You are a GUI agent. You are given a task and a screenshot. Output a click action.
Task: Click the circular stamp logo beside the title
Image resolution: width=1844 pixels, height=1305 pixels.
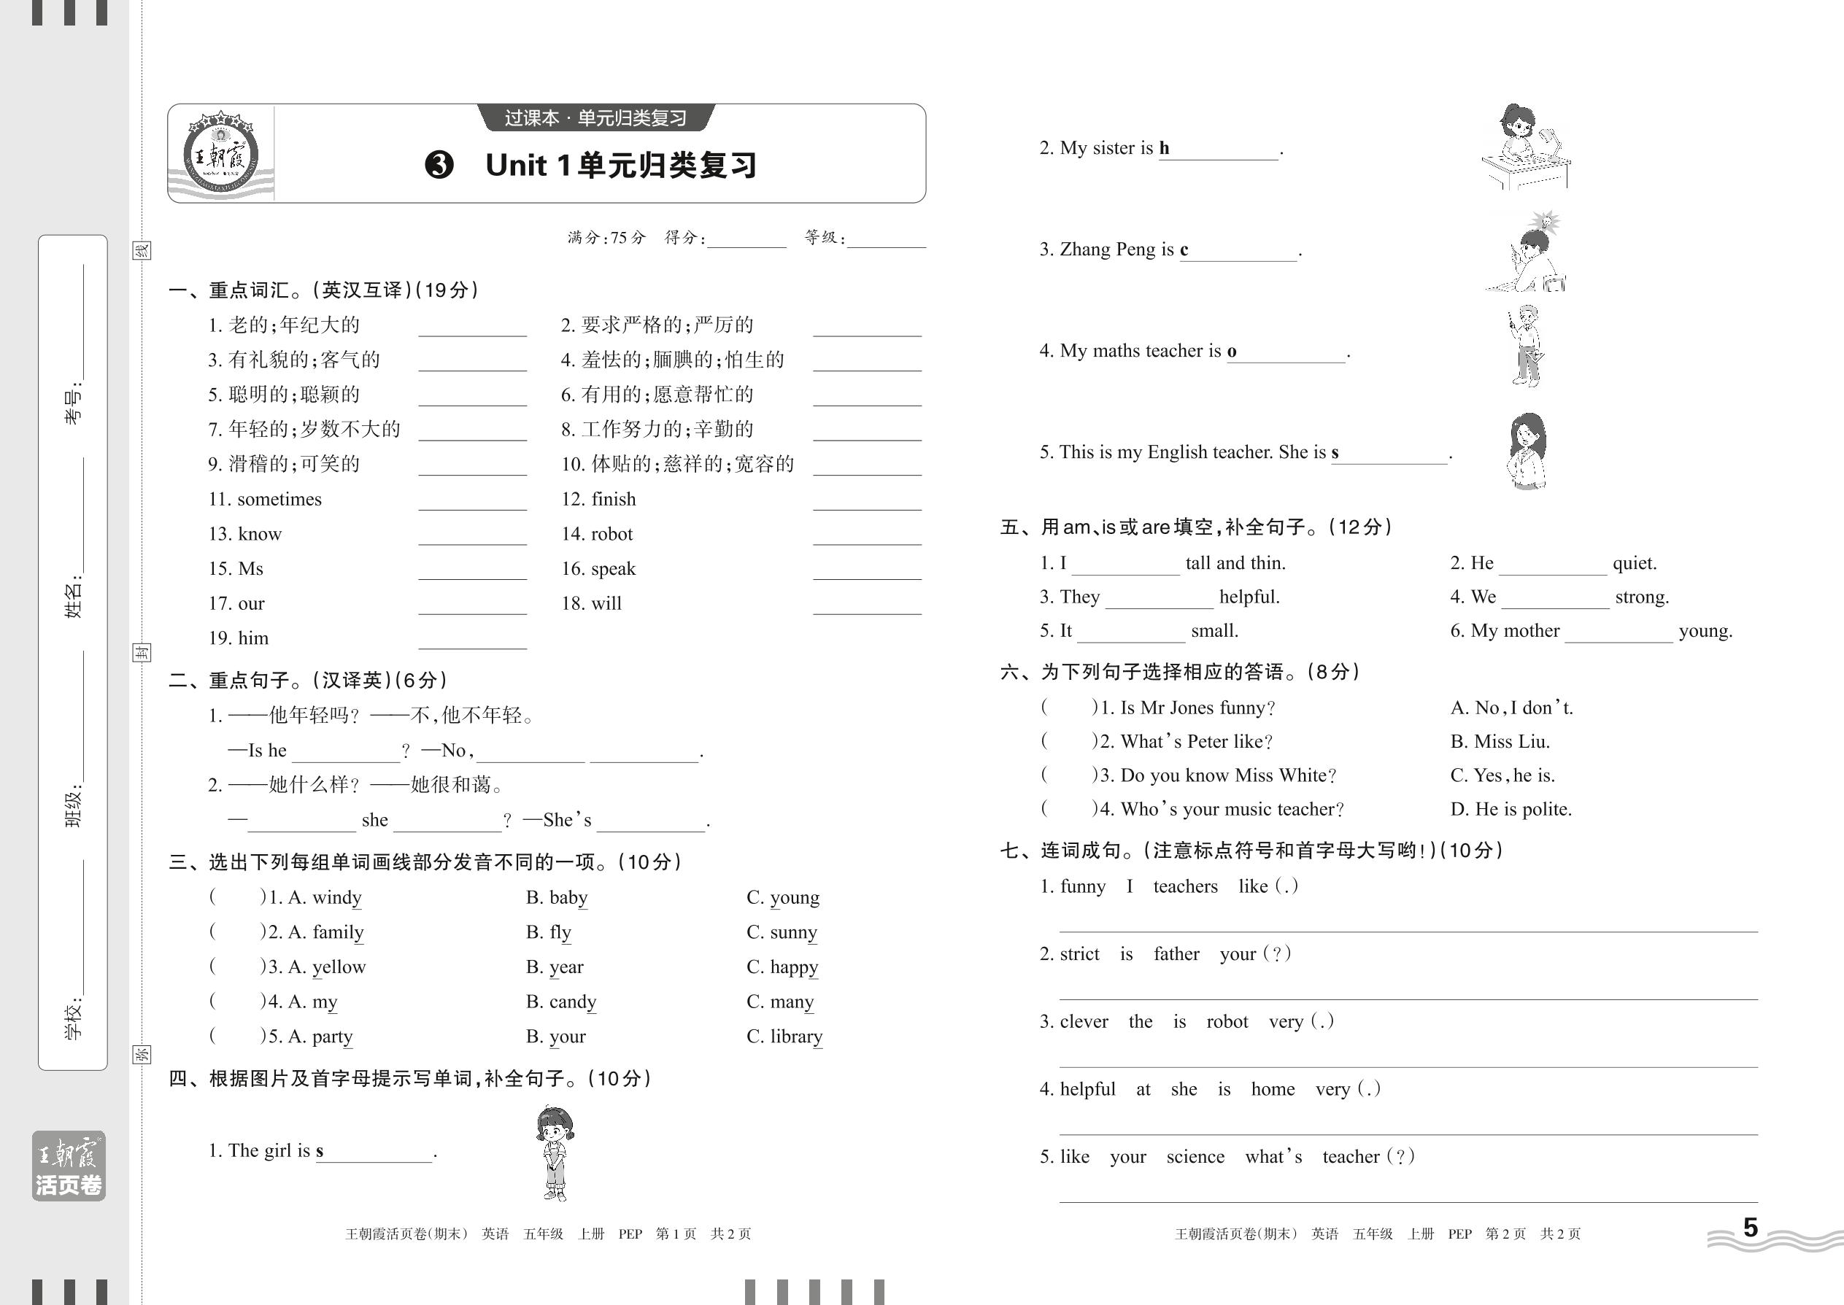pos(220,155)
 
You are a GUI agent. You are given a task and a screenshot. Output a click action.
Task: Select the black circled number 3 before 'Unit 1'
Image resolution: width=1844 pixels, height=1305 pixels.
pos(439,166)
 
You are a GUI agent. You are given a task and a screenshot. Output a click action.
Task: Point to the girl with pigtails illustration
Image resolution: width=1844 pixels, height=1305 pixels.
pos(555,1153)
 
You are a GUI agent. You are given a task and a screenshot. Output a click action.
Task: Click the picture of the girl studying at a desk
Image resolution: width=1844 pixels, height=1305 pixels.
pos(1524,148)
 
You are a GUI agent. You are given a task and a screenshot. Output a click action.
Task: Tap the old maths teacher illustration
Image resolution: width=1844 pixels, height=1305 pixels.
pos(1525,346)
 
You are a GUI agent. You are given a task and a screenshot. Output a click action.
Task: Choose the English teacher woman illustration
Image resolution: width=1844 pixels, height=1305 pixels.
pos(1527,451)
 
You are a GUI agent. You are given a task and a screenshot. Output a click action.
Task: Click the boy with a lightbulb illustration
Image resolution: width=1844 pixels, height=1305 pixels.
pos(1528,252)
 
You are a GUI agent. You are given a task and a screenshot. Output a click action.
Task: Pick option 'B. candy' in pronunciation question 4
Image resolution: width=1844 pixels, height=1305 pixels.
pos(561,1002)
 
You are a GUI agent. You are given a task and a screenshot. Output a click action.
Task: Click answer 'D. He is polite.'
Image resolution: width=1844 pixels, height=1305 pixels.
pos(1511,809)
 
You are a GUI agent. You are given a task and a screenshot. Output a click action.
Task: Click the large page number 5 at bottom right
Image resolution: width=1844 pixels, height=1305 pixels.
pos(1750,1227)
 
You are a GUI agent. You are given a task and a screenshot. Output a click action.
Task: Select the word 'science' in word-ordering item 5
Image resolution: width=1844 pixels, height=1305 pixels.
pos(1195,1157)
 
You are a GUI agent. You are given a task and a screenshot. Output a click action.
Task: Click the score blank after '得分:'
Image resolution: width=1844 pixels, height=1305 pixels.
pos(746,239)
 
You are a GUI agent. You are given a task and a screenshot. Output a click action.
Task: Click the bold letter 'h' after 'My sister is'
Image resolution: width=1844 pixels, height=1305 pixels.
pos(1164,148)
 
